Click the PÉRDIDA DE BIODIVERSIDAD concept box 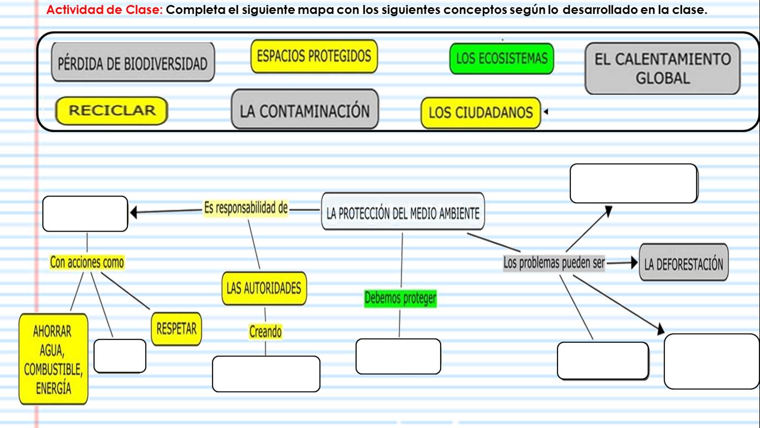133,62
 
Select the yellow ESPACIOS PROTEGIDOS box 314,56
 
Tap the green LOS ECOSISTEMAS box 501,58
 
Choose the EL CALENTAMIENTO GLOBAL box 663,68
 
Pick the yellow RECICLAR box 112,111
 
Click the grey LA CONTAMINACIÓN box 304,110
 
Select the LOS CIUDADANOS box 481,113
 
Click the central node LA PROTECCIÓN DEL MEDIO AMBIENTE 403,211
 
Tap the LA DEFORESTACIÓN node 684,263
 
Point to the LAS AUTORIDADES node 264,288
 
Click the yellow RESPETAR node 176,328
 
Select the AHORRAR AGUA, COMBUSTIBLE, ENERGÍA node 53,359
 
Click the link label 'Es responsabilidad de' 245,208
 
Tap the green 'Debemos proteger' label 400,299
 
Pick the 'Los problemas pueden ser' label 554,263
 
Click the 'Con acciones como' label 87,262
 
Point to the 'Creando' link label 265,332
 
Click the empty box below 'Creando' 266,373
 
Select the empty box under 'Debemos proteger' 398,356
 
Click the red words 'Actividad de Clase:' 105,11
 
